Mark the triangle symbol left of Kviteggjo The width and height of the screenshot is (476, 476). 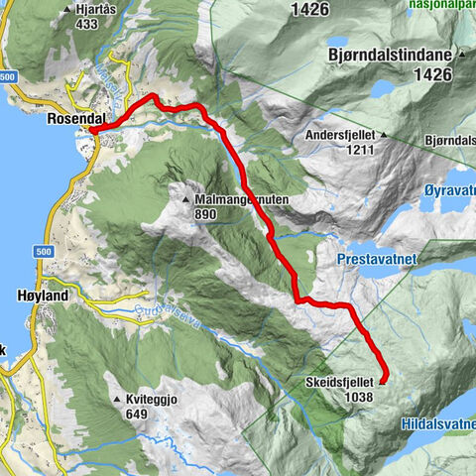point(118,398)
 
